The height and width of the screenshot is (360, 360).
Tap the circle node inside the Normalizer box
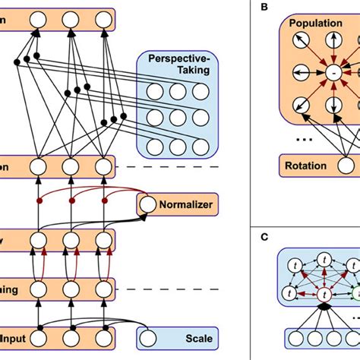pyautogui.click(x=147, y=204)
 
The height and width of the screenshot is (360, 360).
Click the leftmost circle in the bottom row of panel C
pyautogui.click(x=292, y=338)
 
